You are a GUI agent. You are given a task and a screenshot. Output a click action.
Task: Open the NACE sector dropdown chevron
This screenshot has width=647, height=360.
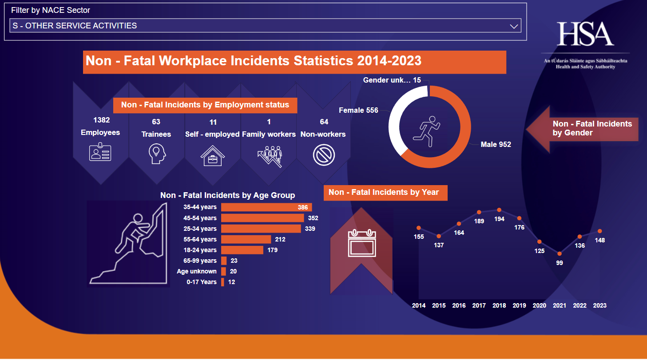click(514, 26)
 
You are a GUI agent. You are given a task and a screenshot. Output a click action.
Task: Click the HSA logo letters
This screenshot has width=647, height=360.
click(585, 34)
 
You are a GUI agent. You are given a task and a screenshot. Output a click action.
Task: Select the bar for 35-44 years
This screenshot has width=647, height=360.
click(266, 207)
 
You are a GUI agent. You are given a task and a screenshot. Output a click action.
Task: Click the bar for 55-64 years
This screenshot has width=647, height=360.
click(246, 239)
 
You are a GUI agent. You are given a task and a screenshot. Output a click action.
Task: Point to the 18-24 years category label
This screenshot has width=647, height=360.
click(200, 250)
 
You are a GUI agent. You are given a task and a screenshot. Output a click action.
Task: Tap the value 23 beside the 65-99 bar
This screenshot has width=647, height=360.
click(234, 261)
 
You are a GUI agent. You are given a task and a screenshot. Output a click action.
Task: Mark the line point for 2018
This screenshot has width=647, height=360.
click(499, 210)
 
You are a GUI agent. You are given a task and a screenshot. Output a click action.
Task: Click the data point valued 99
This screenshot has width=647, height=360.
click(560, 253)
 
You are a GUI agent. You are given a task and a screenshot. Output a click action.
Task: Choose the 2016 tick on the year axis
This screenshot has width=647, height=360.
click(459, 305)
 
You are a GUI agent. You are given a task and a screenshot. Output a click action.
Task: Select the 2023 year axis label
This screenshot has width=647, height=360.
click(599, 305)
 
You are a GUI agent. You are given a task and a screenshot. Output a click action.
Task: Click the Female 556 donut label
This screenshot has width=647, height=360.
click(358, 110)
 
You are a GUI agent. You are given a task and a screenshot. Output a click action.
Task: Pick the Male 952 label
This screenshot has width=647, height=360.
click(496, 144)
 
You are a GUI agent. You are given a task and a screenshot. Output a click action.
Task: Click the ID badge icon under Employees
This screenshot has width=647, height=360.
click(100, 152)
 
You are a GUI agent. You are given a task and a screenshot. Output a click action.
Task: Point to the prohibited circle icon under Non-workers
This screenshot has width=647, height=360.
click(323, 155)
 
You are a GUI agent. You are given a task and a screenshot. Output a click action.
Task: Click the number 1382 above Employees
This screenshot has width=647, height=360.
click(101, 120)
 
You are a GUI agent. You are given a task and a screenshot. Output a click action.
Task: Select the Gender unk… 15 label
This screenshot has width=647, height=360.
click(392, 80)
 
